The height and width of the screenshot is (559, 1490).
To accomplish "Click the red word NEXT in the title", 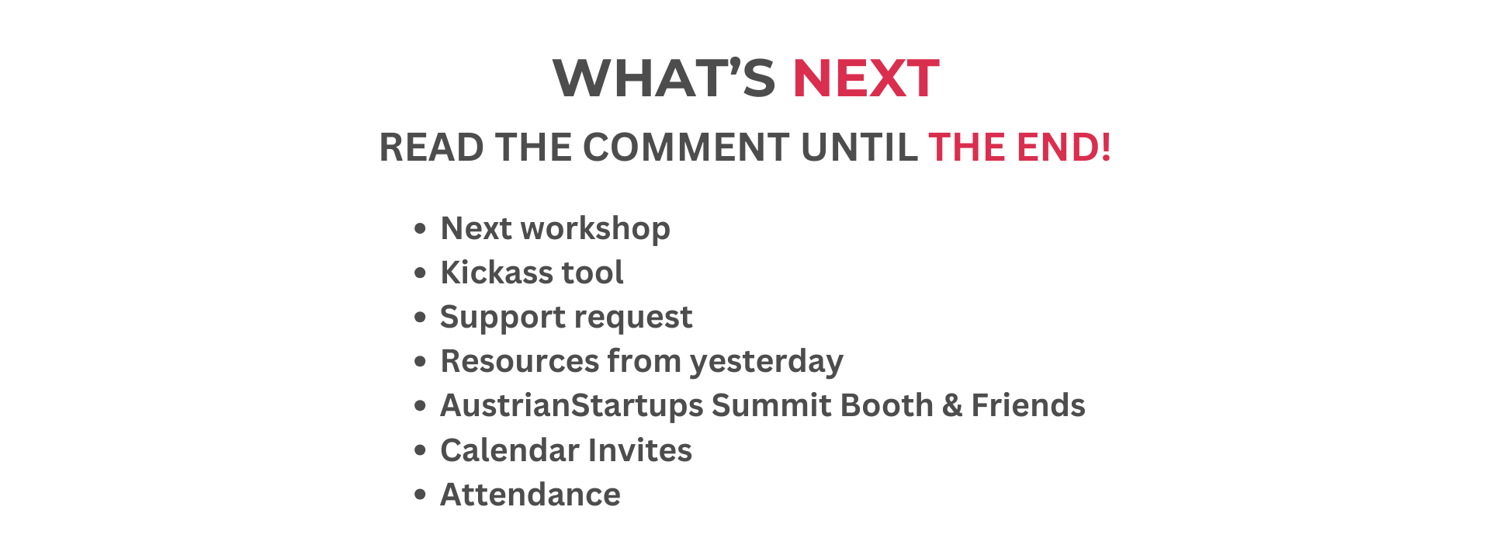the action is [865, 78].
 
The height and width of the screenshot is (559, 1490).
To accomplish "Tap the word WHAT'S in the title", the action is [664, 78].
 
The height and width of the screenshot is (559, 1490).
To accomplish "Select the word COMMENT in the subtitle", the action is [686, 148].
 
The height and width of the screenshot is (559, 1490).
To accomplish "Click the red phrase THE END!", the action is [1020, 148].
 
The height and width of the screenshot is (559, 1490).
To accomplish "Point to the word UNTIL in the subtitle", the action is [859, 148].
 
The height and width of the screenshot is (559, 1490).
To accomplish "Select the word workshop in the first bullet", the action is [595, 229].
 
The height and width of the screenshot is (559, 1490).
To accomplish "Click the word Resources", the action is [520, 361].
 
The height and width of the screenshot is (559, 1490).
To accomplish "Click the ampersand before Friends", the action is [952, 406].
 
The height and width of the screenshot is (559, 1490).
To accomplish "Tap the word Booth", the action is [887, 405].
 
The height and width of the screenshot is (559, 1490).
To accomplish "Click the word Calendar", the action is [510, 450].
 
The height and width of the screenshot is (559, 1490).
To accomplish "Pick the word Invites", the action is [640, 450].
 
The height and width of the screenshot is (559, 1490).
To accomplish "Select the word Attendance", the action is [530, 495].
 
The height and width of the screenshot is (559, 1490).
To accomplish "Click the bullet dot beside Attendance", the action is [421, 495].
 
